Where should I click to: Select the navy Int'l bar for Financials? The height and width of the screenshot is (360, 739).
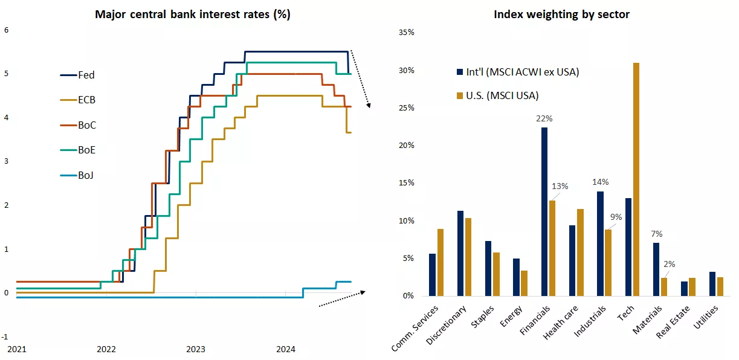(x=544, y=211)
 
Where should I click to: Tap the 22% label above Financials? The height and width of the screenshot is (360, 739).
(x=544, y=118)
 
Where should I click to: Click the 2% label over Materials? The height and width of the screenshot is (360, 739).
(x=670, y=264)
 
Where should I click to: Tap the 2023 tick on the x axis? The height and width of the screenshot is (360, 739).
(x=196, y=349)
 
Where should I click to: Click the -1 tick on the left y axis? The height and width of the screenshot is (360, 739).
(x=5, y=336)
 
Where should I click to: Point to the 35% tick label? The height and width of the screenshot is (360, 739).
(x=407, y=33)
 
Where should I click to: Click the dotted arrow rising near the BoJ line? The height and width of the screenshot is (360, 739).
(x=342, y=298)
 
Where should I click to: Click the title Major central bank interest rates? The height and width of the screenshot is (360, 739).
(x=192, y=14)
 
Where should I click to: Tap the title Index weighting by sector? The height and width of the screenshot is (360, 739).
(x=561, y=14)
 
